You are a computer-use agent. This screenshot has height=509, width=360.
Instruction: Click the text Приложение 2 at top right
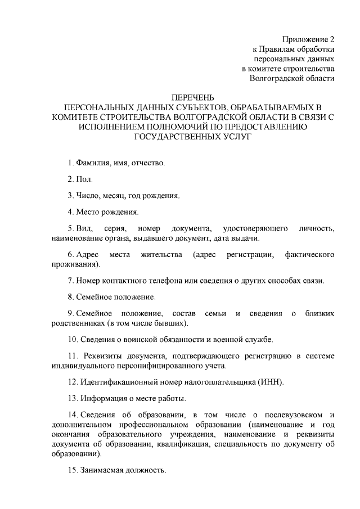308,40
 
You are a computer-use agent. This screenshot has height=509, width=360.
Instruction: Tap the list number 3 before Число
70,196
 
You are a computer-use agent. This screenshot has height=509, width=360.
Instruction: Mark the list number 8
70,296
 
